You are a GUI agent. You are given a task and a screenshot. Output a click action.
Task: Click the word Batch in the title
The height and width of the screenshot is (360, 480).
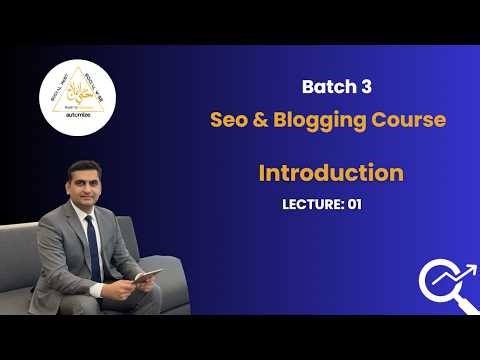pos(327,86)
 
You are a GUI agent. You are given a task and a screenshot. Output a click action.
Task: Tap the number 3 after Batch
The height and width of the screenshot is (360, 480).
pos(366,86)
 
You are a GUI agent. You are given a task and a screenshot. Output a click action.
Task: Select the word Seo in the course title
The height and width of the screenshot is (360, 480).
pos(231,120)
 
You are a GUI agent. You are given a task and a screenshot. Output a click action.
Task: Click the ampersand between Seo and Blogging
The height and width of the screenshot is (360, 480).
pos(263,120)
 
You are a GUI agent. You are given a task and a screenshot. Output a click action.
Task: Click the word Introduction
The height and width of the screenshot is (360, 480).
pos(331,172)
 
